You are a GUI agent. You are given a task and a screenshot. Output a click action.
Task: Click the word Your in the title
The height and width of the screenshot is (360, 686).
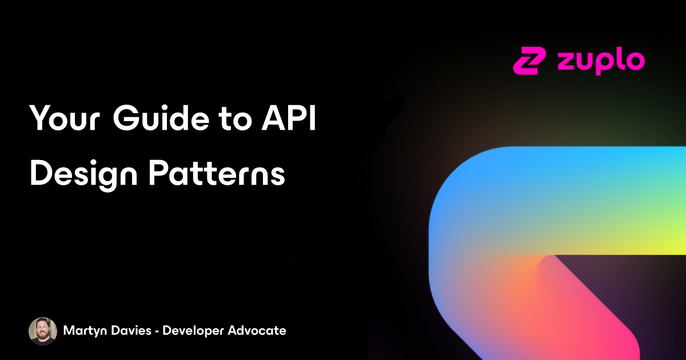coord(65,118)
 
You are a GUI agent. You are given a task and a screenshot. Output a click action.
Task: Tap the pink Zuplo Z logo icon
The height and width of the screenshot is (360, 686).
coord(530,61)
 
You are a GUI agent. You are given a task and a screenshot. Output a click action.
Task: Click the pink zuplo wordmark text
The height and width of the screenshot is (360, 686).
coord(601,62)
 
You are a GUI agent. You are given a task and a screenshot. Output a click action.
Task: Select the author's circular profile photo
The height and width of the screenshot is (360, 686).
coord(43,331)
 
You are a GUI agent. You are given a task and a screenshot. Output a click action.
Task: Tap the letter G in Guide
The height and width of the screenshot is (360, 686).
coord(126,118)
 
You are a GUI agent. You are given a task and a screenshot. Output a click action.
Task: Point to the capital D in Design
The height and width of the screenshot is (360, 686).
coord(42,173)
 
